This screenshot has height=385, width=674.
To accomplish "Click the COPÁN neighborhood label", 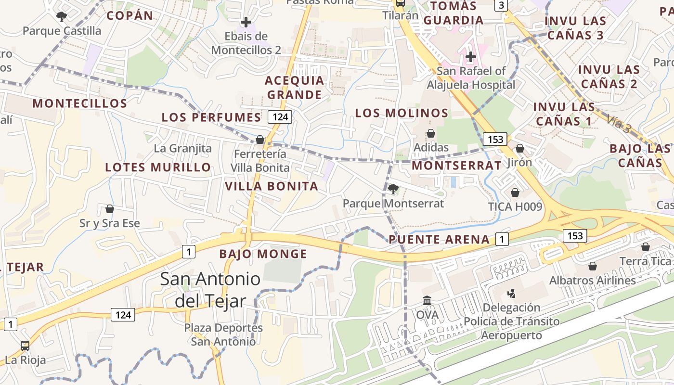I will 130,15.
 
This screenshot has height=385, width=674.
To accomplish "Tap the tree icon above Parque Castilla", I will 61,17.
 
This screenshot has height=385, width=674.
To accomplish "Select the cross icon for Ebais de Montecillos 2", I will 246,22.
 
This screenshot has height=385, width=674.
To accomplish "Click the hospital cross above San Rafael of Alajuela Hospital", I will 470,57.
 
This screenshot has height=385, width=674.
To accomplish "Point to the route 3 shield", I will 502,5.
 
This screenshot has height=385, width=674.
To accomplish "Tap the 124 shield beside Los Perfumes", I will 280,116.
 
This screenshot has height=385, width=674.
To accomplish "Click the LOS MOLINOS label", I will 402,113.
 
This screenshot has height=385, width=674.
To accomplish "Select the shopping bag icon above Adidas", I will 431,133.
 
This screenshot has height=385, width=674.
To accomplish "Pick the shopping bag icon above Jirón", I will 519,148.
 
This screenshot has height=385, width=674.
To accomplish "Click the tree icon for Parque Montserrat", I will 393,189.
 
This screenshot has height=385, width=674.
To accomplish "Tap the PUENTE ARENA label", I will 439,239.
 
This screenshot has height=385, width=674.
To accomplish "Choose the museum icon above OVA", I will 427,300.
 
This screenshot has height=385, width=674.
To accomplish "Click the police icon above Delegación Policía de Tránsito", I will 511,293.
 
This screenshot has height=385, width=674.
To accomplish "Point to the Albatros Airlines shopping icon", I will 593,266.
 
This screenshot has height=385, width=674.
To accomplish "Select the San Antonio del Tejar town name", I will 210,290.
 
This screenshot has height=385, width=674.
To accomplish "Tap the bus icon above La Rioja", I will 25,345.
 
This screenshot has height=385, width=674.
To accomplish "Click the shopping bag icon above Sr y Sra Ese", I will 110,209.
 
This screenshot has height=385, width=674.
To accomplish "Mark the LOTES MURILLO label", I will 158,167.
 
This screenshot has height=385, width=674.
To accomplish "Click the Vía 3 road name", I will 618,124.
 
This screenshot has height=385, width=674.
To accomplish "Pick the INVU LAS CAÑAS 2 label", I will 609,77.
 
